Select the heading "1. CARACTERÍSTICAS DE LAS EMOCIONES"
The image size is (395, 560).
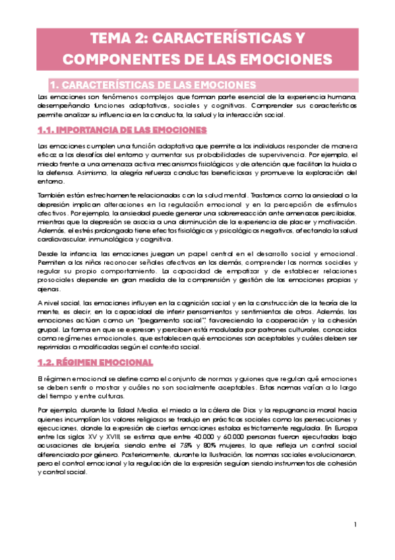[x=154, y=85]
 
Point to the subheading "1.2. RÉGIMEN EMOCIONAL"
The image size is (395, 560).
[x=96, y=362]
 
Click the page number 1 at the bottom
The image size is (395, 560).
[x=355, y=525]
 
